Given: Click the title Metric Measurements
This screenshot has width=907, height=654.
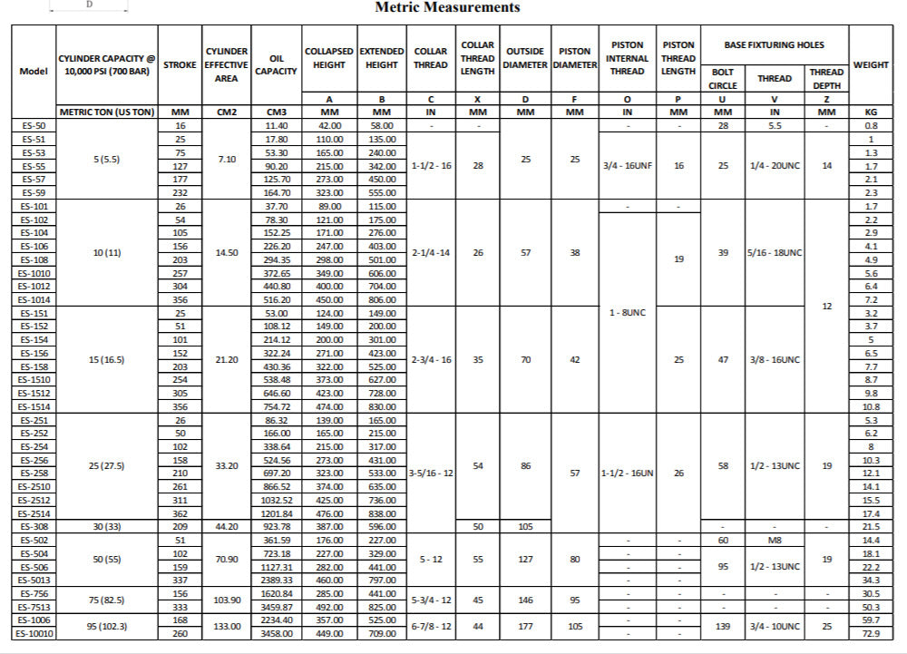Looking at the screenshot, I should pos(447,7).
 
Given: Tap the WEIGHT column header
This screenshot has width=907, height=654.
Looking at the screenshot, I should pos(871,65).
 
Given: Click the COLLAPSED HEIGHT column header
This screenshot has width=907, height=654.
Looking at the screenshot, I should pos(329,58).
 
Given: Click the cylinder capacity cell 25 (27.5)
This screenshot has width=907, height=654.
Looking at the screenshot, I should pos(107,466).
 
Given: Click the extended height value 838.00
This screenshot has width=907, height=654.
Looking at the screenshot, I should pos(382,513).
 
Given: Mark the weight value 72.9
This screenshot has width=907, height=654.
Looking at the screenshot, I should pos(871,633).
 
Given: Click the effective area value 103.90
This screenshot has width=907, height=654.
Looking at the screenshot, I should pos(226,600).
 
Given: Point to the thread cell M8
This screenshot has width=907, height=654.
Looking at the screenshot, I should pos(774,540).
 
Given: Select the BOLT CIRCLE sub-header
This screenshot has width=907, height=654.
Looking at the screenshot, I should pos(722,79).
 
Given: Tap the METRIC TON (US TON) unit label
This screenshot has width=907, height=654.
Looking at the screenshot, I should pos(107,112).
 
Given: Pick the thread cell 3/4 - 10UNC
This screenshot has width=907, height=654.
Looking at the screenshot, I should pos(774,626).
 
